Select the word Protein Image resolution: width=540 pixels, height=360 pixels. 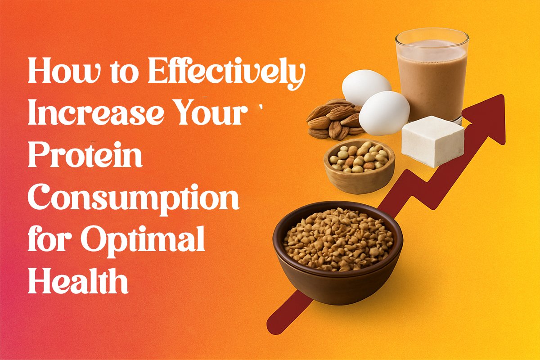[x=85, y=154]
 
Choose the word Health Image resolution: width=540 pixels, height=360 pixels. [x=78, y=280]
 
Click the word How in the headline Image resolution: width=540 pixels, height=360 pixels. [x=64, y=70]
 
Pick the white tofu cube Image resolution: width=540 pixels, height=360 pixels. [x=433, y=142]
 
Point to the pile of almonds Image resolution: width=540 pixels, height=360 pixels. [x=335, y=120]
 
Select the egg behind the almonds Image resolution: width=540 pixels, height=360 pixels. [x=366, y=87]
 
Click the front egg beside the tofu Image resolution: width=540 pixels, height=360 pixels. [x=384, y=113]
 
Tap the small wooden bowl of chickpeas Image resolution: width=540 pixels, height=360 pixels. [x=359, y=166]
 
